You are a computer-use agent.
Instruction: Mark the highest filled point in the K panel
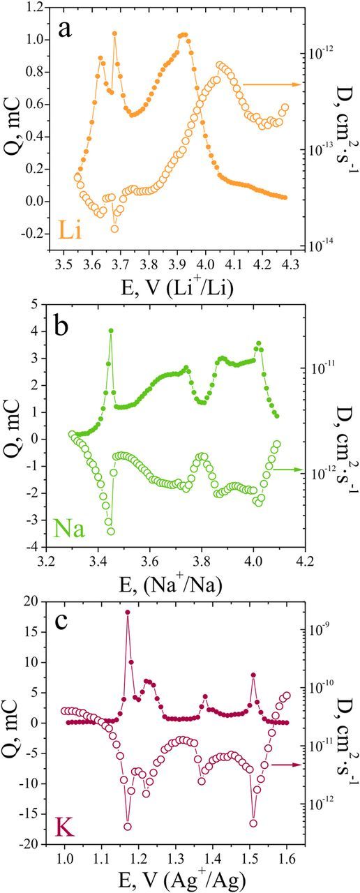(128, 613)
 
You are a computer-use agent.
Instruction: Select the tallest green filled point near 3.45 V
(110, 331)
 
